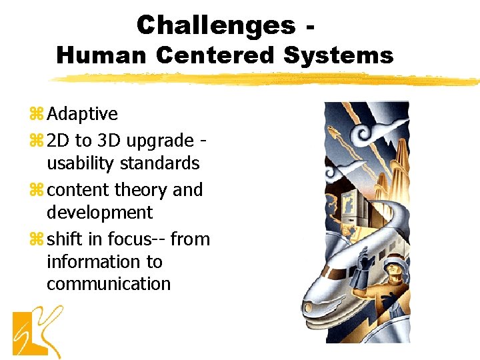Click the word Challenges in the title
pos(215,25)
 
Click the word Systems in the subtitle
pos(338,55)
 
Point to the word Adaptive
pos(82,114)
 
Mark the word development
pos(99,213)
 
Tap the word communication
pos(108,284)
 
